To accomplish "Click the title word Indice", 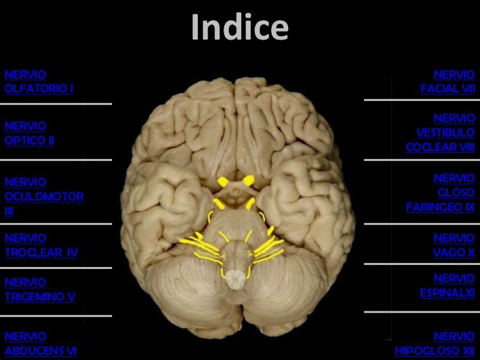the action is tap(239, 28).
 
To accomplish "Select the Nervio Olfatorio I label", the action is tap(38, 81).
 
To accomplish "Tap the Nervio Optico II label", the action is tap(29, 133).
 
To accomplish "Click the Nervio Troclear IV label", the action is tap(41, 245).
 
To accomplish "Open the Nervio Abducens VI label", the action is tap(40, 343).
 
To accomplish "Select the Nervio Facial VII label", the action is tap(448, 81).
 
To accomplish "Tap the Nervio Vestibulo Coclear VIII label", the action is tap(440, 133).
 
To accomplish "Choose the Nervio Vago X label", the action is tap(454, 245).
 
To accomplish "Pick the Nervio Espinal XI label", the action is tap(447, 284).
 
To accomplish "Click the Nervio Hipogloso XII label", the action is tap(435, 343).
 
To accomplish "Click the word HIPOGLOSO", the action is tap(422, 351).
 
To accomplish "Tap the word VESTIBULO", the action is tap(445, 133).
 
